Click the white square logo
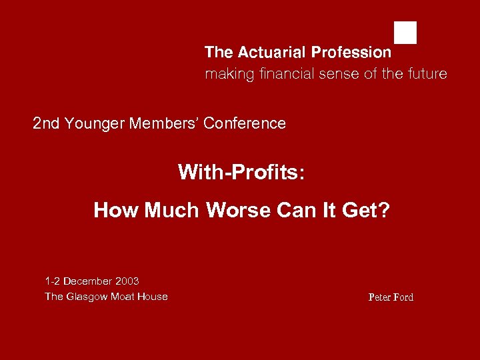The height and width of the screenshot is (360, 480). point(405,33)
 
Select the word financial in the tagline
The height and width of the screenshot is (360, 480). point(283,74)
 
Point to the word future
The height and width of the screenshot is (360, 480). point(426,74)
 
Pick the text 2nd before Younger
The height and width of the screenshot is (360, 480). point(46,123)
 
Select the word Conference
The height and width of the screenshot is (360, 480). point(245,123)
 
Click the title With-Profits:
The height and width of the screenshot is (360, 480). point(241,173)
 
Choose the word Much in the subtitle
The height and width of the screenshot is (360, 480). point(173,211)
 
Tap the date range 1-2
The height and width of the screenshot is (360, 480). point(53,281)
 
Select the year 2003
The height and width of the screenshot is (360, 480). point(127,281)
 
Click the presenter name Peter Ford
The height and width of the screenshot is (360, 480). point(391,297)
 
